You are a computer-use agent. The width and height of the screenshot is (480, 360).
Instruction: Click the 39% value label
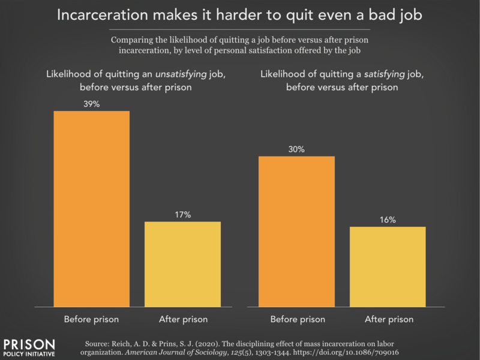[x=92, y=104]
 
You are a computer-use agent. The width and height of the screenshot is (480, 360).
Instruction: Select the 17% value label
[x=184, y=215]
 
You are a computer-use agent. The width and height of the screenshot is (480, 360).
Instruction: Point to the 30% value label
[x=296, y=149]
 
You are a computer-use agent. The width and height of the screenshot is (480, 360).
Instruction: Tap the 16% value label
[x=388, y=220]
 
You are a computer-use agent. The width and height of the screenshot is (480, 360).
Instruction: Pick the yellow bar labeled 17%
[x=184, y=263]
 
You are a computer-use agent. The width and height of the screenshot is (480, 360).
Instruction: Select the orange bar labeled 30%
[x=296, y=231]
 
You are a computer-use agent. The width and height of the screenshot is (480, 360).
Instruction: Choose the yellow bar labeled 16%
[x=388, y=266]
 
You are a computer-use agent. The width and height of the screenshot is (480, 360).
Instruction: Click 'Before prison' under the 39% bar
[x=92, y=319]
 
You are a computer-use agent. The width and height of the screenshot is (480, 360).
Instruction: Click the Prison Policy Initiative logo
[x=29, y=347]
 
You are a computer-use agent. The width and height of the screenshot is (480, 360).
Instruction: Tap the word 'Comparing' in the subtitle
[x=133, y=39]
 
